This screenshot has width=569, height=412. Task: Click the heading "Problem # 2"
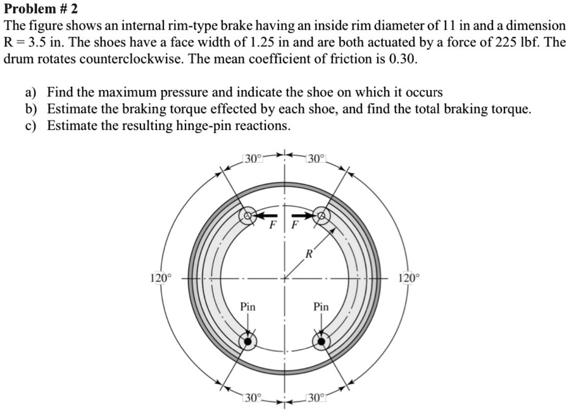40,10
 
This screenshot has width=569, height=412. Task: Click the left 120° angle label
160,278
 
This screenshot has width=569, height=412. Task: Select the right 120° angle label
408,278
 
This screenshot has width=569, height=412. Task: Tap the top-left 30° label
252,158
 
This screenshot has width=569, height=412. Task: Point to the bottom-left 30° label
253,398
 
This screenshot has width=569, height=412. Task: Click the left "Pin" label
247,307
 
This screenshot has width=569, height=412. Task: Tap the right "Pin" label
322,307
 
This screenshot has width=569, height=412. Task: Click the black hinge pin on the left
247,342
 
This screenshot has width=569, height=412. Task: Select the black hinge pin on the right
322,342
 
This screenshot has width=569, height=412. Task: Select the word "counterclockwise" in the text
127,60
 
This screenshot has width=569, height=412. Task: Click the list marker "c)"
32,126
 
